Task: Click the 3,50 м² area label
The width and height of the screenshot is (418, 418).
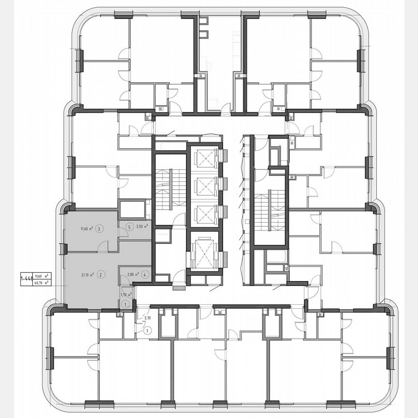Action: (142, 226)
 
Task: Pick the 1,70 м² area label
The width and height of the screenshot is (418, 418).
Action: (125, 294)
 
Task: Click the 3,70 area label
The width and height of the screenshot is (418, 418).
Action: (148, 318)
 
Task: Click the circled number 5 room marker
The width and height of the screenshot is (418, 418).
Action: (129, 226)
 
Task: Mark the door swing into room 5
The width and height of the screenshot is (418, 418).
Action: (123, 232)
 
